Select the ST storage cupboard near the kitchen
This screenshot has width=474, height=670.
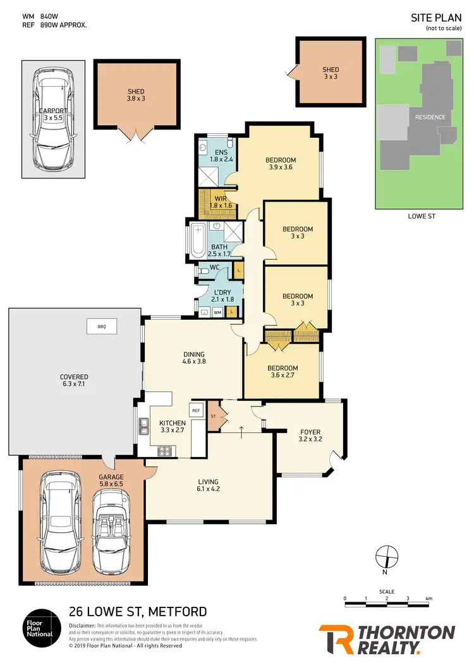pyautogui.click(x=214, y=416)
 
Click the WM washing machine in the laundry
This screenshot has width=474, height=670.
pyautogui.click(x=217, y=312)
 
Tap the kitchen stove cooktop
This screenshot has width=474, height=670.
pyautogui.click(x=166, y=451)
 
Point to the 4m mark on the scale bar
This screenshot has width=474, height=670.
pyautogui.click(x=428, y=598)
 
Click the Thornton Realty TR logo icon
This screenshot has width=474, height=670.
pyautogui.click(x=339, y=639)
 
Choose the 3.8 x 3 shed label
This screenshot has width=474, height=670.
pyautogui.click(x=135, y=95)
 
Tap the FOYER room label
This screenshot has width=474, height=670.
pyautogui.click(x=310, y=435)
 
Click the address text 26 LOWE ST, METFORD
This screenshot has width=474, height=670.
pyautogui.click(x=137, y=612)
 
